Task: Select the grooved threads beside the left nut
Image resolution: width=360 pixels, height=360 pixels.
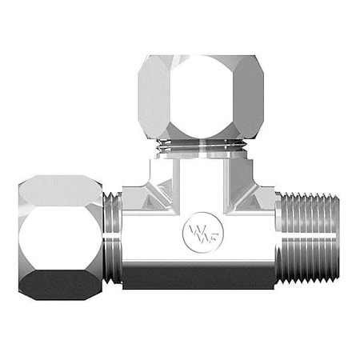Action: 113,238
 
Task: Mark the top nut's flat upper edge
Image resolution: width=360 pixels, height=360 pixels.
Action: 200,57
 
